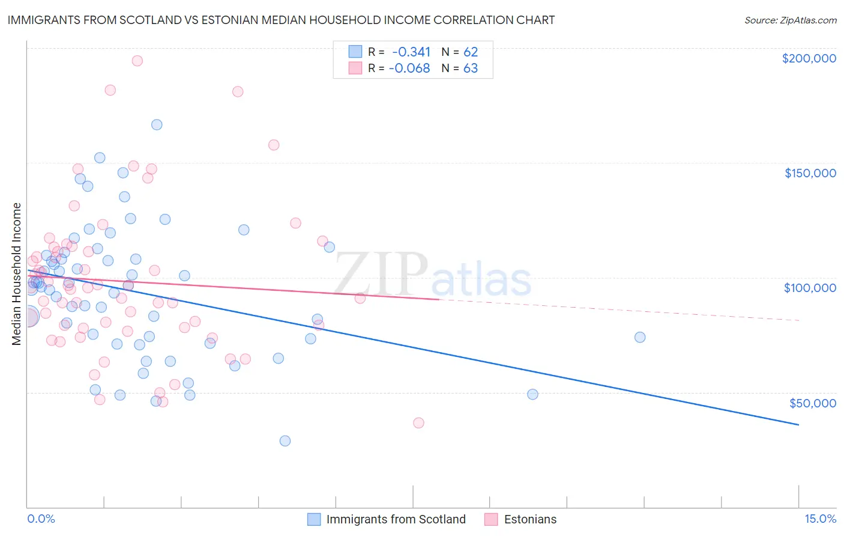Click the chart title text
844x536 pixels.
pos(281,20)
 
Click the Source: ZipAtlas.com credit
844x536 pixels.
pos(790,20)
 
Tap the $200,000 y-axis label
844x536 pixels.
pos(809,58)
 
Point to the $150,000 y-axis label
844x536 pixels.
pos(810,173)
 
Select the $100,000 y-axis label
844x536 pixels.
pos(810,288)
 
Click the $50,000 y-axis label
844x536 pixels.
pos(812,403)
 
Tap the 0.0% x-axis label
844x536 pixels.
pos(41,519)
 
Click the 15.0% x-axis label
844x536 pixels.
pos(820,519)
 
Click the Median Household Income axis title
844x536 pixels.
pos(17,274)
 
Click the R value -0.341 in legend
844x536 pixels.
pos(411,52)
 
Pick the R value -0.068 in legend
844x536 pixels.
pos(409,69)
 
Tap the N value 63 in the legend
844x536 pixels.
pos(471,69)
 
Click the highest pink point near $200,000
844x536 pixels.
pos(137,61)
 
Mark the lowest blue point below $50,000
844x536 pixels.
pos(285,441)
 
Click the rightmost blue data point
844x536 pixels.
pos(640,337)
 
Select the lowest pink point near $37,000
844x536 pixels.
pos(418,423)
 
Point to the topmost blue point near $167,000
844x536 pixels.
pos(157,125)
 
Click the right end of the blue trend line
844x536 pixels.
pos(798,425)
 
